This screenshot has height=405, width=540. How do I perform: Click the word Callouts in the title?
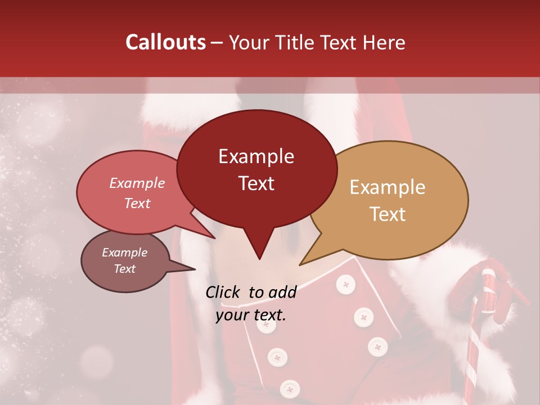[165, 42]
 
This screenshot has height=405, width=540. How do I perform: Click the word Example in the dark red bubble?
[256, 156]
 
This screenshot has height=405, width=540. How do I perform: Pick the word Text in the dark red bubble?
[256, 183]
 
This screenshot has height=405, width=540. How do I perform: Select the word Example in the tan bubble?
[388, 187]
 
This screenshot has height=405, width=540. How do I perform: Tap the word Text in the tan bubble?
[388, 214]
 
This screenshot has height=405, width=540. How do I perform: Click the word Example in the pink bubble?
[137, 183]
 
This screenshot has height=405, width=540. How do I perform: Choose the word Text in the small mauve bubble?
[124, 269]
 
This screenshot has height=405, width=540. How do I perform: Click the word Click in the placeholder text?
[223, 292]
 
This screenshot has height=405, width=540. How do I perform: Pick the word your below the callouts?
[232, 315]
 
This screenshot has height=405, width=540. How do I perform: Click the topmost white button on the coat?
[345, 285]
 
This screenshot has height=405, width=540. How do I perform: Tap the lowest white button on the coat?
[290, 388]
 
